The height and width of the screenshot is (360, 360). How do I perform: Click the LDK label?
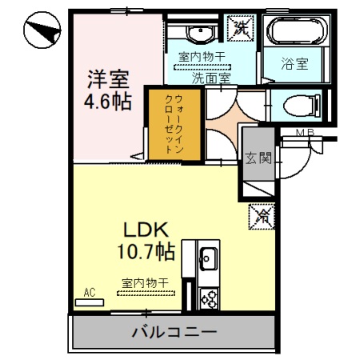[x=143, y=229]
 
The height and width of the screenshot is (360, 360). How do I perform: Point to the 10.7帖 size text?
[x=144, y=251]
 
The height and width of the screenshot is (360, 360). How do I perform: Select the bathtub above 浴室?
[x=295, y=31]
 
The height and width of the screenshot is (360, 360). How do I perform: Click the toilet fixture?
[x=299, y=103]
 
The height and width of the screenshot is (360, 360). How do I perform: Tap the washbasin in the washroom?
[x=199, y=33]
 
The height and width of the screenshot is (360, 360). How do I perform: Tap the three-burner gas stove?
[x=210, y=299]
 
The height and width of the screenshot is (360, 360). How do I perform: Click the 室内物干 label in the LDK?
[x=145, y=283]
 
